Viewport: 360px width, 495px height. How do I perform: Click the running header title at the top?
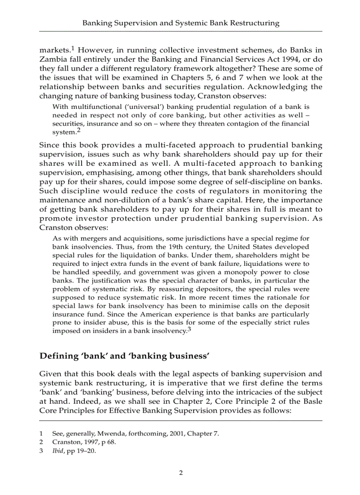[x=181, y=23]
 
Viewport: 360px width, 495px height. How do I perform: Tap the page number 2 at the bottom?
[x=180, y=473]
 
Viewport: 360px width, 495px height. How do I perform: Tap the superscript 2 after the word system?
[x=78, y=130]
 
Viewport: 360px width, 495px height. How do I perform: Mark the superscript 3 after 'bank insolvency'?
[x=189, y=329]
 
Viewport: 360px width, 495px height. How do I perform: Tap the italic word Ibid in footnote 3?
[x=58, y=451]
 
